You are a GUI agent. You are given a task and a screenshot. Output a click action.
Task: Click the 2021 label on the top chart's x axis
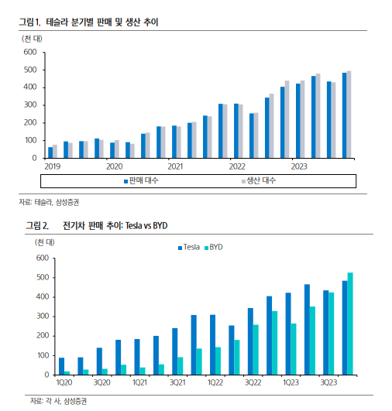click(175, 166)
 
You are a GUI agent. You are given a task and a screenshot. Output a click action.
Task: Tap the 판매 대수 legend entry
click(141, 180)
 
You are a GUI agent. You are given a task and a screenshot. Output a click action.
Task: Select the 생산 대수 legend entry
click(259, 180)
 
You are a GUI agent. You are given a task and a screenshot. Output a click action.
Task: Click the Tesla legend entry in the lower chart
click(189, 247)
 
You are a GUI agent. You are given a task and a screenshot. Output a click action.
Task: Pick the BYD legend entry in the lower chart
click(214, 247)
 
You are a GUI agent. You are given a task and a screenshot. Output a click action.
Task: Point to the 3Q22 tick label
click(253, 382)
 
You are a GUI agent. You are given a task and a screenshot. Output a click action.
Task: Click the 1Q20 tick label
click(64, 382)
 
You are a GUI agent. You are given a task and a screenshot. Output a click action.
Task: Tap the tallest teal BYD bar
click(350, 324)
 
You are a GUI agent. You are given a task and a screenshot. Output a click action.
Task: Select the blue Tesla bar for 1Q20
click(61, 366)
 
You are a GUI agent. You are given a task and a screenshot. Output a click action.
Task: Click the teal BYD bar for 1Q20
click(67, 373)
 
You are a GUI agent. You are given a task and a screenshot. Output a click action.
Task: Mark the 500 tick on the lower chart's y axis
click(43, 277)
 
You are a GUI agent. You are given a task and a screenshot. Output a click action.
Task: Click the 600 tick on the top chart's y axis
click(30, 52)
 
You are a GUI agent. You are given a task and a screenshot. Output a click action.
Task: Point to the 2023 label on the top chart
click(299, 166)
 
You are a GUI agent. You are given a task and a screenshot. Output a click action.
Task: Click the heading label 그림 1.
click(30, 22)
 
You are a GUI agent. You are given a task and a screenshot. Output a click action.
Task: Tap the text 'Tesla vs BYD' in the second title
click(146, 225)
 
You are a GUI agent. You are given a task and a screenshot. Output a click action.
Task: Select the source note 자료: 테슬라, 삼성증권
click(49, 202)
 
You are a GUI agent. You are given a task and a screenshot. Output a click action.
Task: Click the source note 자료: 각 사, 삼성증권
click(58, 401)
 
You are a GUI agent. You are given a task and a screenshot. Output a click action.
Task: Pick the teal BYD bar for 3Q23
click(332, 334)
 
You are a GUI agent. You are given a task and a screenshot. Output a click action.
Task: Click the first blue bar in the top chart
click(50, 152)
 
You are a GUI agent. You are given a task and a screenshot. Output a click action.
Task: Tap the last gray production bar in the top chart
click(349, 115)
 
